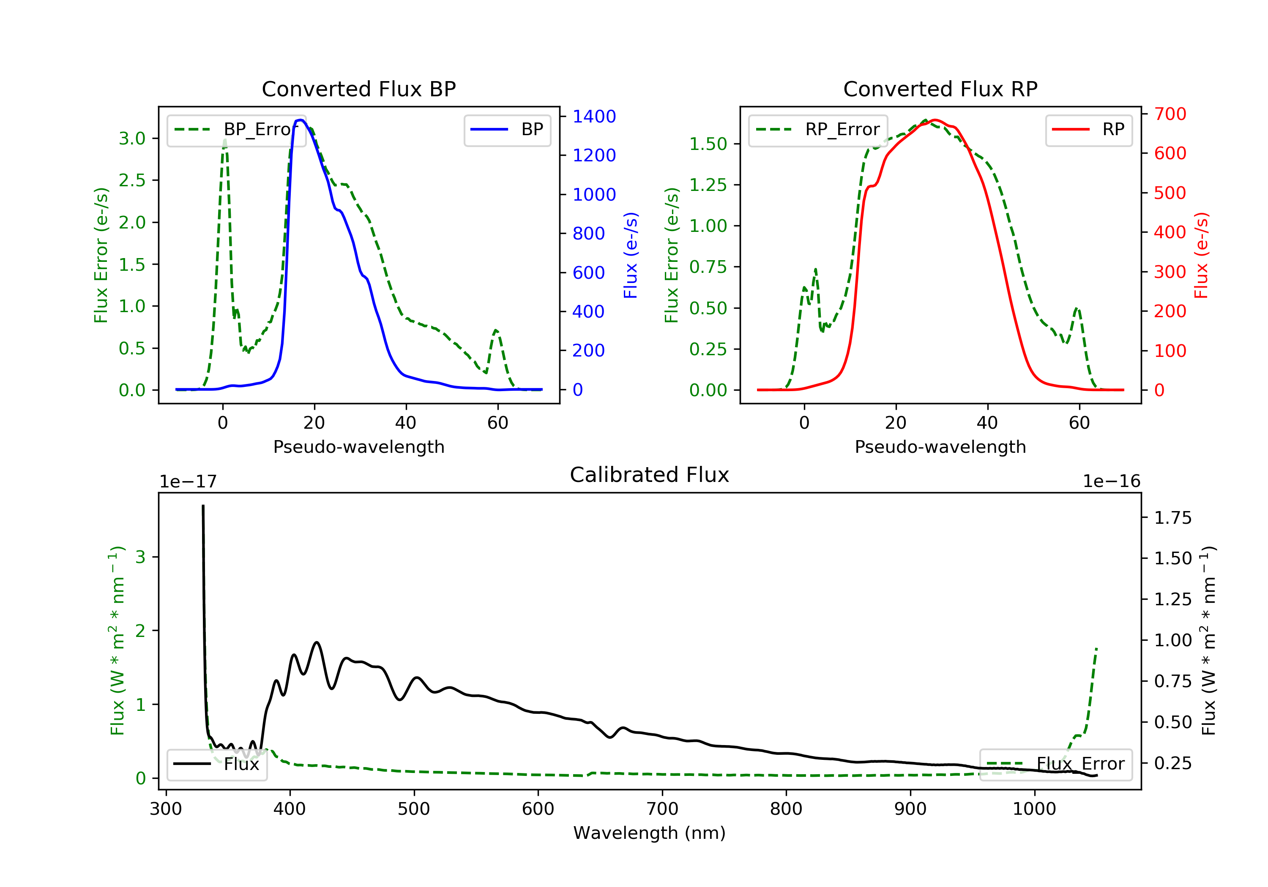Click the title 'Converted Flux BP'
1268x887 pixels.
(x=358, y=89)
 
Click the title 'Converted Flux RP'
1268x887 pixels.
(x=940, y=89)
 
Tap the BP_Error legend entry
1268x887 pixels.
(x=236, y=130)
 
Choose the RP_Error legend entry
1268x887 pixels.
(x=818, y=130)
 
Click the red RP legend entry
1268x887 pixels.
(x=1088, y=130)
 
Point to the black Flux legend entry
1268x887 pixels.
(x=217, y=764)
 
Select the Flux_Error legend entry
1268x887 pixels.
(x=1055, y=764)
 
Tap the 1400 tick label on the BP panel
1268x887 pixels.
(x=594, y=117)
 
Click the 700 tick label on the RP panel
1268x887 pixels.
(x=1170, y=114)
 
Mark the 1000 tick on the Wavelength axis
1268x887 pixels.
(x=1034, y=809)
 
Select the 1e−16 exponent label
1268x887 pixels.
(x=1111, y=482)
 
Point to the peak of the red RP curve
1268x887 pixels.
(x=934, y=120)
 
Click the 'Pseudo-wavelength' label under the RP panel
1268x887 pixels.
(x=940, y=446)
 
